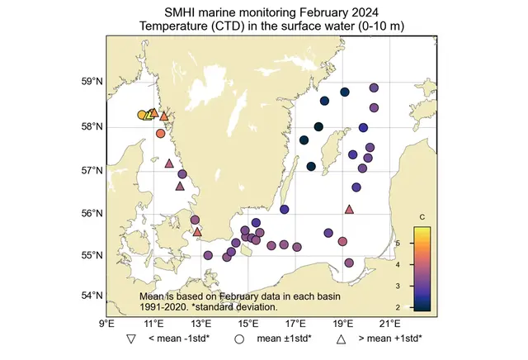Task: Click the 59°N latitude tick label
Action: pyautogui.click(x=91, y=82)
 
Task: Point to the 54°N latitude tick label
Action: pyautogui.click(x=91, y=296)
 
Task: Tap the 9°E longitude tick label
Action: pyautogui.click(x=106, y=324)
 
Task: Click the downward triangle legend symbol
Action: pyautogui.click(x=130, y=339)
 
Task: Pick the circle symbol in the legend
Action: pyautogui.click(x=239, y=339)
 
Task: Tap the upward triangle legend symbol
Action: pyautogui.click(x=341, y=339)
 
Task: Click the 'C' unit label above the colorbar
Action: pyautogui.click(x=422, y=217)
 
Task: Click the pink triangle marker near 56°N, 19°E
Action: pyautogui.click(x=349, y=210)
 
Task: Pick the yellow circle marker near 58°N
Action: pyautogui.click(x=142, y=115)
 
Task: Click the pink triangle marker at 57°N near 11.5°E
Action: pyautogui.click(x=169, y=163)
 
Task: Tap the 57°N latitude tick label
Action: pyautogui.click(x=91, y=171)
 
